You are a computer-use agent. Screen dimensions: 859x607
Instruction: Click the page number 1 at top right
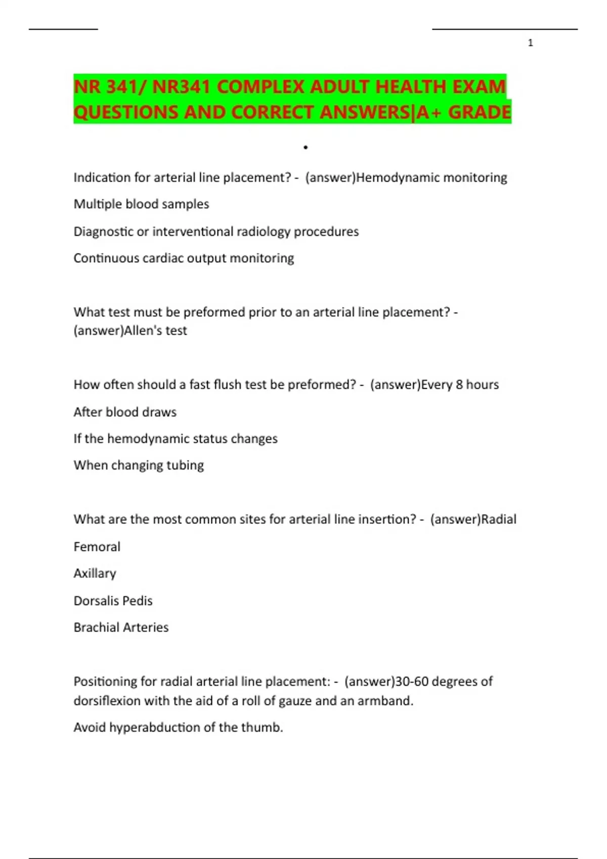tap(530, 43)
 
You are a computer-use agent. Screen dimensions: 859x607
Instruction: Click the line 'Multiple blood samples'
tap(141, 204)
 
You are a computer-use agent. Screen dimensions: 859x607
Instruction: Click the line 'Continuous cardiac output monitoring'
tap(184, 258)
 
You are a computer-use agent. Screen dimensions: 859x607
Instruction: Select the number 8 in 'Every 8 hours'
tap(459, 385)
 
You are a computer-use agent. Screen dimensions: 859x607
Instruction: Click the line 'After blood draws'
tap(125, 412)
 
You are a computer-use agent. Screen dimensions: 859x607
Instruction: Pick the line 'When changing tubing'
tap(139, 465)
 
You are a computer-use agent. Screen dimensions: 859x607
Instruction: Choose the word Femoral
tap(97, 547)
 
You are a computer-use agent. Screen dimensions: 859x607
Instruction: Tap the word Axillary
tap(95, 574)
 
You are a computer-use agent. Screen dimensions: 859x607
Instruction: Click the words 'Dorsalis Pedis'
tap(113, 601)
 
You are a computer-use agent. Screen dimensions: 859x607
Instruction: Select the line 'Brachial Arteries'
tap(121, 628)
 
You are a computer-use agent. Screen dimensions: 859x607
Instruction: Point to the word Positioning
tap(105, 682)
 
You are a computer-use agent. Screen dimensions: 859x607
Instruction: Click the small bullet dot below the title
tap(306, 148)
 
